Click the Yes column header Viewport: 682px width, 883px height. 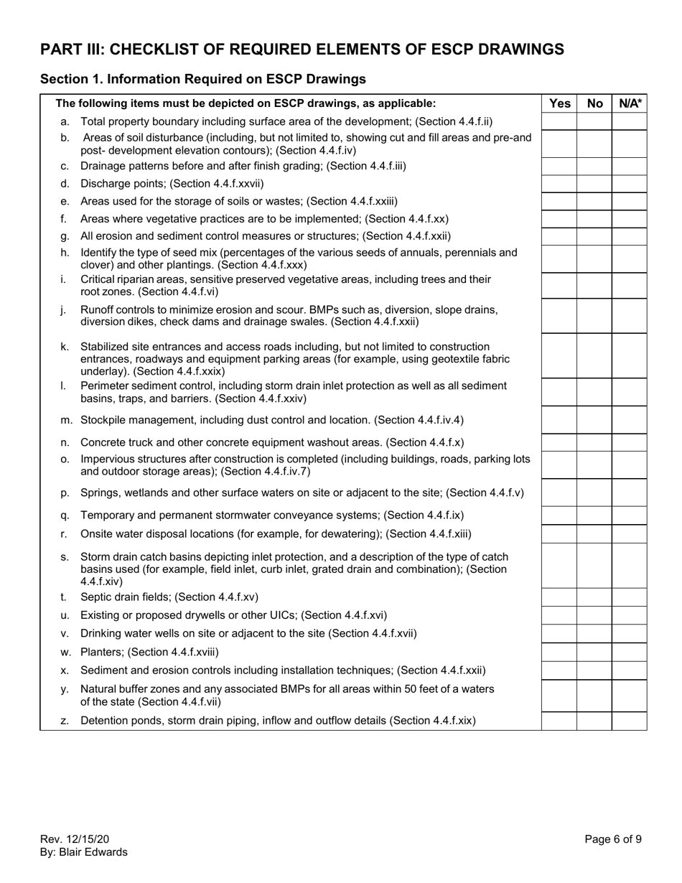559,103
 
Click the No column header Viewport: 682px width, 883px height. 594,103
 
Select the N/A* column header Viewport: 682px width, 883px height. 630,103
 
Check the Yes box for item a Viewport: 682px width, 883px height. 559,121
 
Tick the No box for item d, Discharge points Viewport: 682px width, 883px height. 594,184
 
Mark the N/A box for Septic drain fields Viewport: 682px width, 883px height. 630,597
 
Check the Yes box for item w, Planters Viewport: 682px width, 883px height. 559,652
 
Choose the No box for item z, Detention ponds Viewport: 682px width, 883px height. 594,720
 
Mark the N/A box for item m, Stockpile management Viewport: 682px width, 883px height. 630,420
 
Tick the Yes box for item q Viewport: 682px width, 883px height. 559,515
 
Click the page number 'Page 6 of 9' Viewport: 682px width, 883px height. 613,838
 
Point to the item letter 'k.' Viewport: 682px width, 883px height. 65,347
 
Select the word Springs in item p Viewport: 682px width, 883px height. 98,492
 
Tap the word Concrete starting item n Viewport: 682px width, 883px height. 103,442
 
